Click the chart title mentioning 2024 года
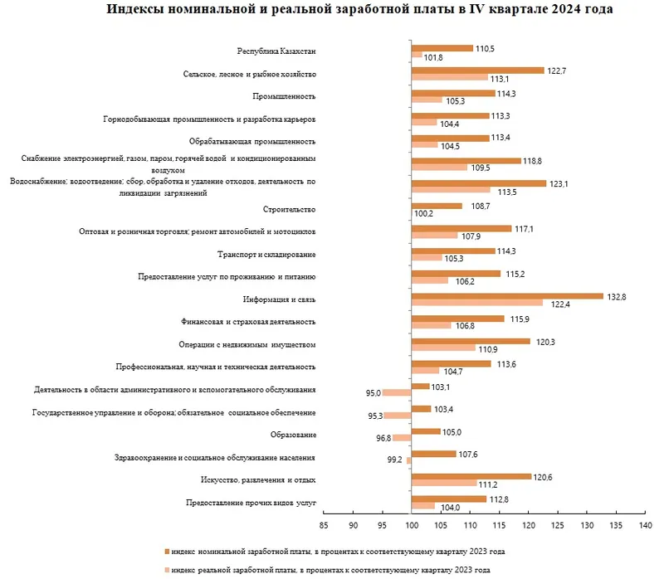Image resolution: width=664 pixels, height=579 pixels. (x=360, y=11)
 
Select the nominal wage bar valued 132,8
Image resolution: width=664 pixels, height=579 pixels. (x=507, y=295)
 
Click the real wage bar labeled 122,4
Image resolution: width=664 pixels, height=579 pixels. (x=477, y=304)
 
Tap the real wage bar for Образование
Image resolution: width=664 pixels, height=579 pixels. (x=402, y=438)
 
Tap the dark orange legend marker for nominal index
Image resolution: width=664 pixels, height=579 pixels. (x=168, y=551)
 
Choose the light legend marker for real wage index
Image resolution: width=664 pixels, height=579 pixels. (x=168, y=570)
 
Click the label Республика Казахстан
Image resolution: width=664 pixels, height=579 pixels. (x=276, y=52)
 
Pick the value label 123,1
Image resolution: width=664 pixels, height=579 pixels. (x=559, y=183)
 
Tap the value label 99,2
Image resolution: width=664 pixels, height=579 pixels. (x=396, y=460)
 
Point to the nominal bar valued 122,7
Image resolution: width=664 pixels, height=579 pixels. (x=477, y=71)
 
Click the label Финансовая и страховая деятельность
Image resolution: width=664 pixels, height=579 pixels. (x=248, y=322)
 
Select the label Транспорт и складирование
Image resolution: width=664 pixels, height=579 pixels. (x=266, y=254)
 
